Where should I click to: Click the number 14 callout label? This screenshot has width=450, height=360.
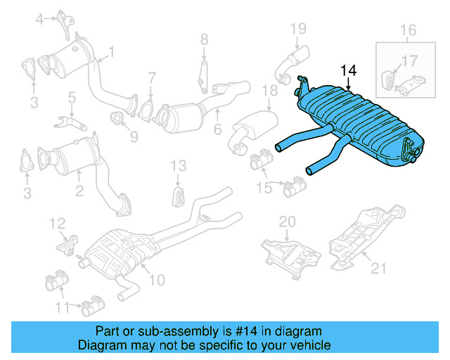tap(348, 70)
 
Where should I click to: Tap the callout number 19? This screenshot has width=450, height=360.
tap(298, 28)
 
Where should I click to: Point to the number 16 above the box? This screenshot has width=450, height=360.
tap(409, 30)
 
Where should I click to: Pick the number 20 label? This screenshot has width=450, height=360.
tap(287, 221)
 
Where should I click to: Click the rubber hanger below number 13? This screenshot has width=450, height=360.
tap(179, 195)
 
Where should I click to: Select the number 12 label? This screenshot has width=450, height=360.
tap(56, 224)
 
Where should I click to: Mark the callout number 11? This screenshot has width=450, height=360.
tap(63, 307)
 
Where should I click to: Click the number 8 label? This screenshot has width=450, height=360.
tap(203, 39)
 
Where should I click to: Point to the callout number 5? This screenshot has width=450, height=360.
tap(72, 96)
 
